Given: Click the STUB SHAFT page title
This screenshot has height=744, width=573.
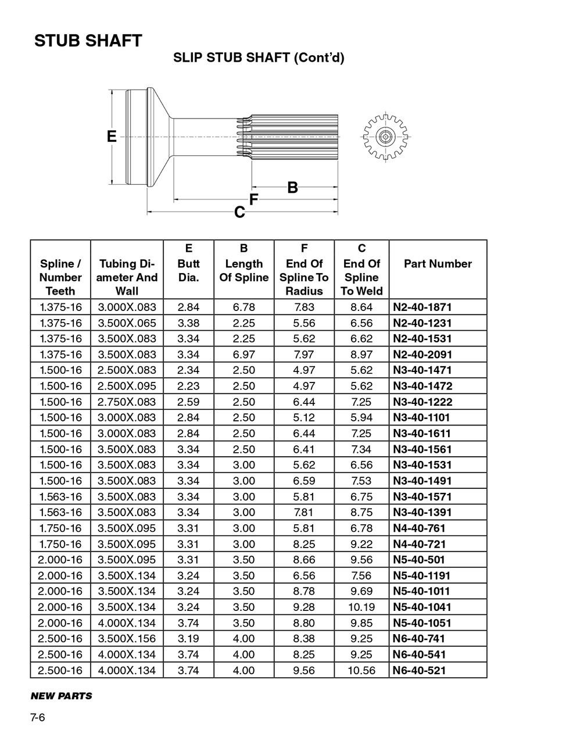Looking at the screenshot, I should (88, 41).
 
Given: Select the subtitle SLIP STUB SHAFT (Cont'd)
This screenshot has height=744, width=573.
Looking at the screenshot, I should (259, 58).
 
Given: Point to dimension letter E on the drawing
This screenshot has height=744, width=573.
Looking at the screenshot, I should (112, 137).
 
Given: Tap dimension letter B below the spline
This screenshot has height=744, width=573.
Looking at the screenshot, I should (293, 188).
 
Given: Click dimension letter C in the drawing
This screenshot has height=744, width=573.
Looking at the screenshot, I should (239, 213).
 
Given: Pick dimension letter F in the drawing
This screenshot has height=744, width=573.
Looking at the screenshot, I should (253, 199).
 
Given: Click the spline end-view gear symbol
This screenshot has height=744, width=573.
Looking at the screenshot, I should (384, 137).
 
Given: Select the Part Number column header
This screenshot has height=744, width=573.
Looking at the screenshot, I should (438, 264).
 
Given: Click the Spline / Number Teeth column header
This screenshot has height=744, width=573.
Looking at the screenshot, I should (60, 277).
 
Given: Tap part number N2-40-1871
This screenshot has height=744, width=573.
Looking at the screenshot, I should (422, 307).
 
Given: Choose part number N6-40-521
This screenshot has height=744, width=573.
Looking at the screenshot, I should (419, 670).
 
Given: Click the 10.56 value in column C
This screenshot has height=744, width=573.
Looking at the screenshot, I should (361, 670).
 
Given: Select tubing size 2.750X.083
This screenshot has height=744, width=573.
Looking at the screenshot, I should (127, 402).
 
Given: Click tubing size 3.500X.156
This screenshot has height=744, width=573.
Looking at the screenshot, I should (127, 638).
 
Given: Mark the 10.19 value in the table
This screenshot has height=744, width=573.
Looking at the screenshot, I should (361, 607).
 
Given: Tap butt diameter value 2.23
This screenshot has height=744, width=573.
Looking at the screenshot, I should (188, 385).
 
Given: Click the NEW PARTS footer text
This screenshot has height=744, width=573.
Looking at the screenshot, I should (61, 696).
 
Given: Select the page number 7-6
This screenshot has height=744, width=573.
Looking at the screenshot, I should (38, 717).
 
